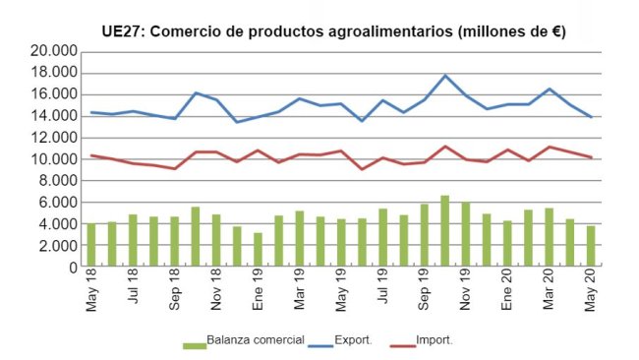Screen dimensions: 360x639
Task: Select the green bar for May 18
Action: click(91, 245)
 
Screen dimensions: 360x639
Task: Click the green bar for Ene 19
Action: click(258, 250)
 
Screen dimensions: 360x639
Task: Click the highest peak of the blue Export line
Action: click(445, 76)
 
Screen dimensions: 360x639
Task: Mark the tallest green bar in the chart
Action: click(445, 231)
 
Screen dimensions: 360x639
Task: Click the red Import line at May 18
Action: click(91, 155)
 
